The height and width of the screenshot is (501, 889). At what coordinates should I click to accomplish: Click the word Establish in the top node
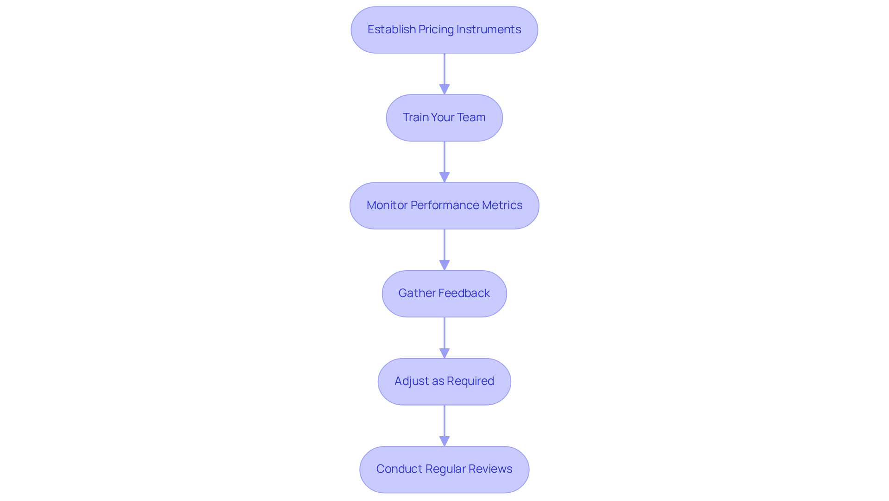[x=391, y=30]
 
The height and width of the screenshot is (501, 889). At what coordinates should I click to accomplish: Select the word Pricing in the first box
[x=436, y=30]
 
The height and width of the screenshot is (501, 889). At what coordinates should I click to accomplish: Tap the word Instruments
[x=488, y=30]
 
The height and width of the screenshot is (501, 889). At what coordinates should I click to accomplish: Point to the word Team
[x=471, y=118]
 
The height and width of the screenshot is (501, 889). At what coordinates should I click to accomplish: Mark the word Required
[x=470, y=381]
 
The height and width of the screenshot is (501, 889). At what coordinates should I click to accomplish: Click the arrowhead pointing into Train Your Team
[x=444, y=89]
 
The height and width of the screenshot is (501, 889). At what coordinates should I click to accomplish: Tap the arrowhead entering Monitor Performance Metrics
[x=444, y=177]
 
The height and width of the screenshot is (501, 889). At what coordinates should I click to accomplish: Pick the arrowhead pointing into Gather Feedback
[x=444, y=265]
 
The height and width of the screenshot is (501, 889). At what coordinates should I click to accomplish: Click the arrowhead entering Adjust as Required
[x=444, y=353]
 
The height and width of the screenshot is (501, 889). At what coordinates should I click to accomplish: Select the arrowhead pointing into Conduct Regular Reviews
[x=444, y=441]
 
